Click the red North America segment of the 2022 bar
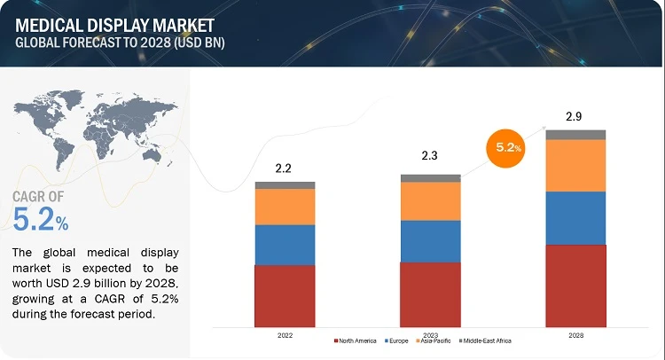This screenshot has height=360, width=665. point(285,295)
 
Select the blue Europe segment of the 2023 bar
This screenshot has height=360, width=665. point(430,241)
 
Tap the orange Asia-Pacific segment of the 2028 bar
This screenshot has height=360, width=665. point(575,166)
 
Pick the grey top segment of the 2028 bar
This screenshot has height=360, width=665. point(575,135)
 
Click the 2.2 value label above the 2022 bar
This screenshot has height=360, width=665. point(285,166)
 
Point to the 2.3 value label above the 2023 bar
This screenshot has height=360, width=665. point(430,158)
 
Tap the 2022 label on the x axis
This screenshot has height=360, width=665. point(285,334)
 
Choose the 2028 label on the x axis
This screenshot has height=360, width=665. point(575,334)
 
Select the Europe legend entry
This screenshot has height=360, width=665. point(397,341)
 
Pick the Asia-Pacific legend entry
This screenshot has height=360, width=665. point(435,341)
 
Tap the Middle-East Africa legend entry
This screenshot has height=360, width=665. point(489,341)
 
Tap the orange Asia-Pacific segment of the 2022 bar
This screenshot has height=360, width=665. point(285,207)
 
